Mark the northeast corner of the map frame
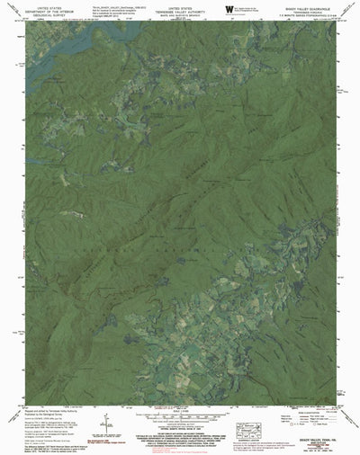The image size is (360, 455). coord(340,22)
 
